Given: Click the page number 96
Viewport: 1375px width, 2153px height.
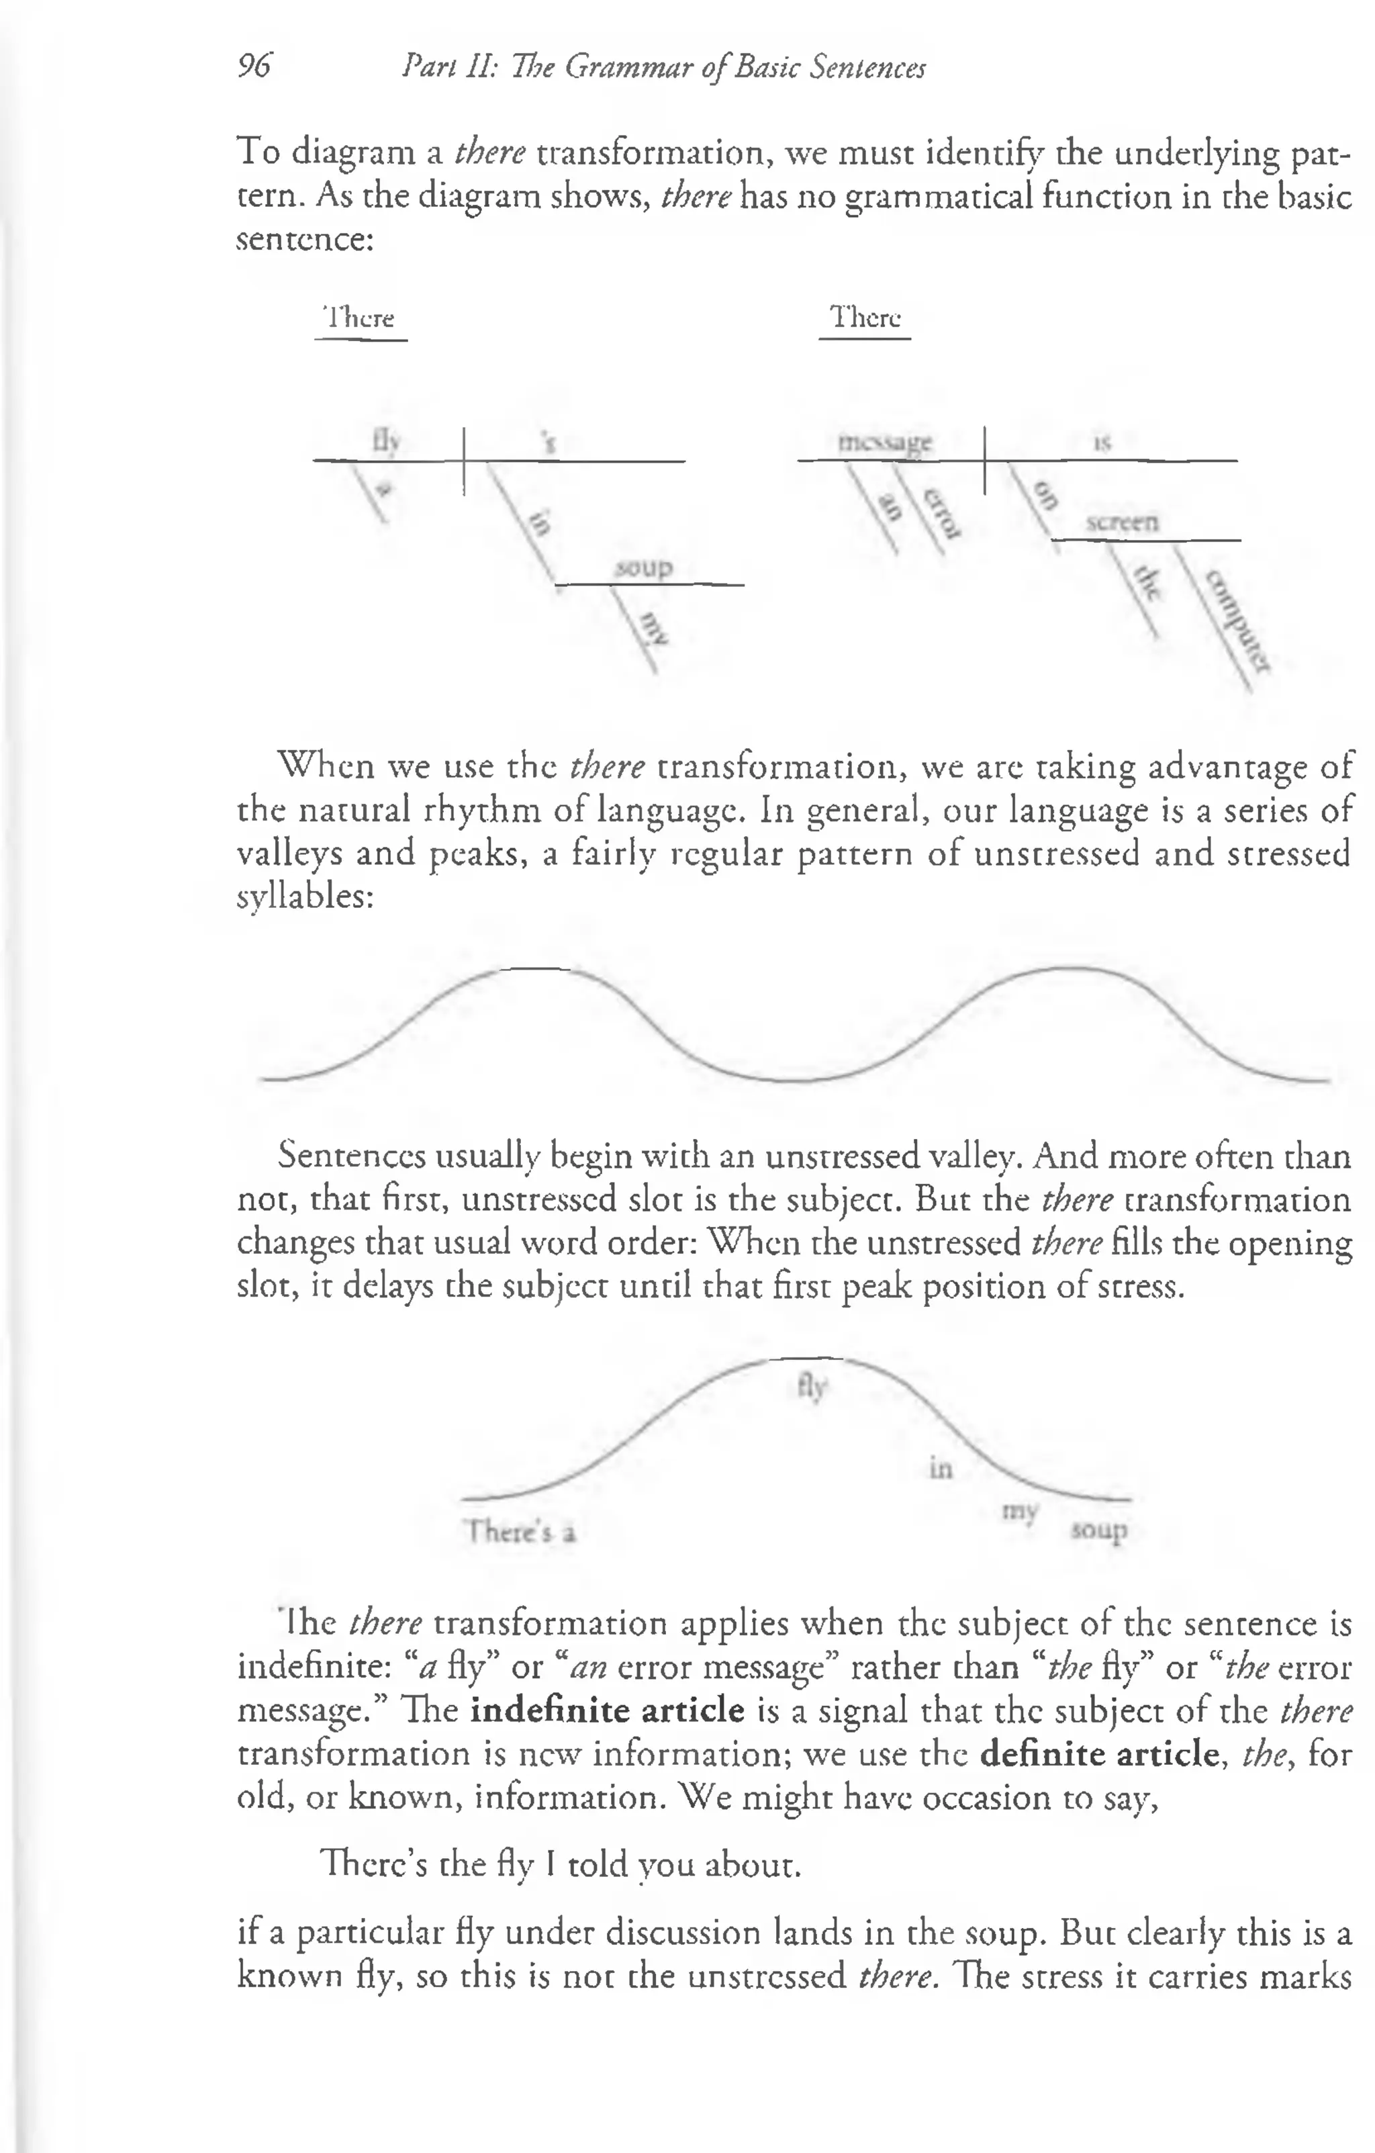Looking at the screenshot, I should tap(255, 66).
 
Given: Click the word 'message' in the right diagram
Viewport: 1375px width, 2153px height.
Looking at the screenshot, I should tap(885, 443).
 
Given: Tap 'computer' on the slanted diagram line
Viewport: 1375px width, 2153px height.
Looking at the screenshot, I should tap(1237, 621).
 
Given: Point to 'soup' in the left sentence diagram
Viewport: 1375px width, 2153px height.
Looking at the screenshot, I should tap(644, 567).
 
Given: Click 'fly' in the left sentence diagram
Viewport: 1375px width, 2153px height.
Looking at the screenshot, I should tap(386, 441).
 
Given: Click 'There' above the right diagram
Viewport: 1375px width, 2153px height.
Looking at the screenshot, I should tap(865, 318).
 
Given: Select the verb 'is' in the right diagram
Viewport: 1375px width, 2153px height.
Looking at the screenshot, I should tap(1103, 443).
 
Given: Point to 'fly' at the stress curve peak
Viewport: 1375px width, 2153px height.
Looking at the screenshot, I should tap(812, 1387).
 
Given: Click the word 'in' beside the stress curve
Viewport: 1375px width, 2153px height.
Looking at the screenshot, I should tap(941, 1468).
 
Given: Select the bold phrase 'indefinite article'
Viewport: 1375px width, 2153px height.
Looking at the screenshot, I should tap(607, 1710).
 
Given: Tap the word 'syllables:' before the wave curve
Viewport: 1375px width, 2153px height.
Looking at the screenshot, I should tap(305, 897).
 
